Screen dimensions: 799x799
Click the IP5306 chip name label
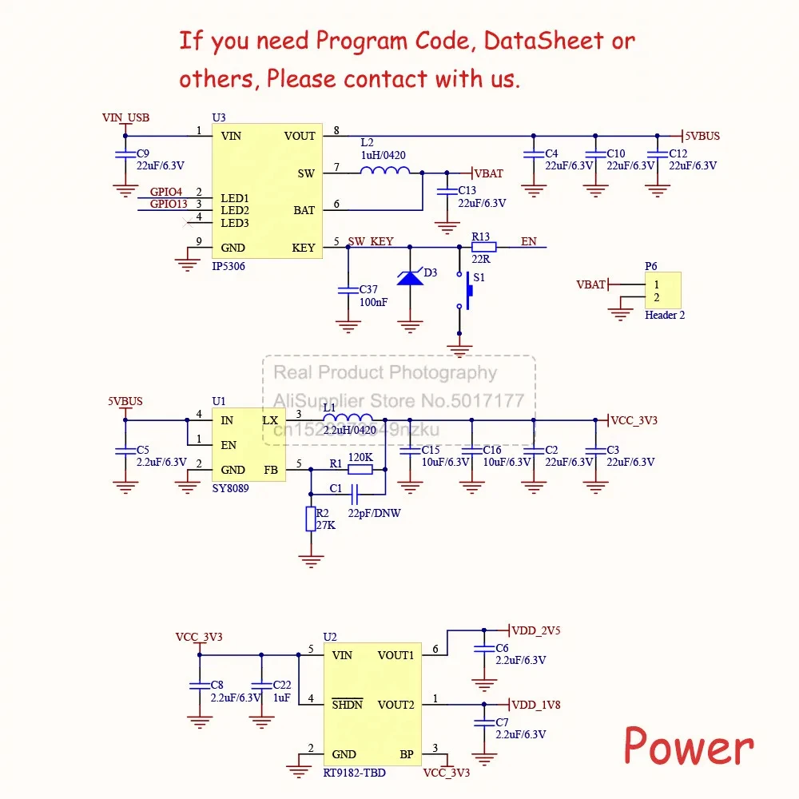click(x=229, y=267)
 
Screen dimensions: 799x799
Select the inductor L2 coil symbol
click(x=384, y=170)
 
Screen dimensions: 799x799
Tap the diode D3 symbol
click(x=410, y=277)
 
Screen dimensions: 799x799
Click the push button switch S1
click(x=465, y=290)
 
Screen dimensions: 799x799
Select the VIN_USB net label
click(x=125, y=117)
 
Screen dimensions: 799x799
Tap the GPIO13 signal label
click(x=169, y=205)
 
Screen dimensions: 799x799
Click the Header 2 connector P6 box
click(x=663, y=290)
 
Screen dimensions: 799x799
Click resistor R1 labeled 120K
click(x=360, y=470)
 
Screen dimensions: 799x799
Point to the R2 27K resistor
click(x=312, y=519)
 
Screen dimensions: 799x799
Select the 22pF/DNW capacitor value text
click(x=374, y=513)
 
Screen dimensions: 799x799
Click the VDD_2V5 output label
click(x=535, y=630)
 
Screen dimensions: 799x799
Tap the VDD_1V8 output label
click(x=535, y=705)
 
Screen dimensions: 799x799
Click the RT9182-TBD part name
click(x=355, y=773)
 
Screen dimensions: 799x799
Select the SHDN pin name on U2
click(x=347, y=705)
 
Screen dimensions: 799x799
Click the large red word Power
click(x=688, y=747)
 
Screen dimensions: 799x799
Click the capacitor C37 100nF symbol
click(x=348, y=290)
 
